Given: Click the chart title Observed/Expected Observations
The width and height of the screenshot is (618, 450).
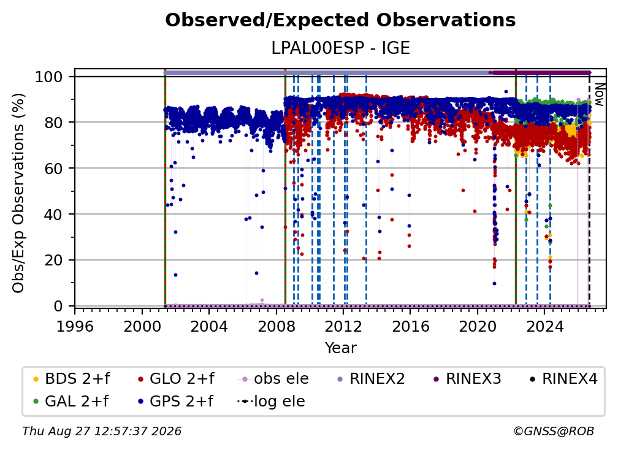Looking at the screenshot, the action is (x=340, y=20).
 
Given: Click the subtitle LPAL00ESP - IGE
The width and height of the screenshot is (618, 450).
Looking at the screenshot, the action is (x=340, y=48).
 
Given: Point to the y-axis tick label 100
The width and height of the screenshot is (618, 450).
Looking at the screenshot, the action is (x=49, y=77).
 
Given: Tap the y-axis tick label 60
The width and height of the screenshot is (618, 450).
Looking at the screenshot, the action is (x=53, y=169).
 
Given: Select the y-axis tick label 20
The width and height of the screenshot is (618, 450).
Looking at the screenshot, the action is (x=53, y=261).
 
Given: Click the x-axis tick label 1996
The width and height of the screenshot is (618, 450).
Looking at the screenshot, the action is (x=75, y=327).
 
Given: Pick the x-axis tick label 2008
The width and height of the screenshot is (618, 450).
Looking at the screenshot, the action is (x=277, y=327).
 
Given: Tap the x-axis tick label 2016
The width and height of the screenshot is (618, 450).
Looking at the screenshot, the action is (x=410, y=327).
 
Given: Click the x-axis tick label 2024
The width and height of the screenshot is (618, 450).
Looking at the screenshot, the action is (x=544, y=327).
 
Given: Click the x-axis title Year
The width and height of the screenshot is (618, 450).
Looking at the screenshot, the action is (x=340, y=348).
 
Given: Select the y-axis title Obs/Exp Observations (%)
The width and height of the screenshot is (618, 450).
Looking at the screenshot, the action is (x=18, y=193).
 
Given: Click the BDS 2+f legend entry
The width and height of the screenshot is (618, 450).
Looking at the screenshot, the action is (x=71, y=379).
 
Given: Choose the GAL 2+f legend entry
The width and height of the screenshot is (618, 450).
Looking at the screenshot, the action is (x=71, y=401).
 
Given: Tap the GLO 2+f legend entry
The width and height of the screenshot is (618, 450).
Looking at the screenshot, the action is (x=176, y=379).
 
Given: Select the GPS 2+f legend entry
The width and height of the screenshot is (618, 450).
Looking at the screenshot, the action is (x=175, y=401).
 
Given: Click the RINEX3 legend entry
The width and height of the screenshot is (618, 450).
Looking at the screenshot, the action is (x=467, y=379).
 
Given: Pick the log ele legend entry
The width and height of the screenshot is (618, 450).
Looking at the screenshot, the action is (x=271, y=401).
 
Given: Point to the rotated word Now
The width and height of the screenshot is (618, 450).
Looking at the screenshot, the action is (x=599, y=94).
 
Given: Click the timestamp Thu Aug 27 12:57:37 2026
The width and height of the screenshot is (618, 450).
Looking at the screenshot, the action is (x=102, y=432).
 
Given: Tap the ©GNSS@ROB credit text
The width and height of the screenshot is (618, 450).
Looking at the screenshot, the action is (x=554, y=432).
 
